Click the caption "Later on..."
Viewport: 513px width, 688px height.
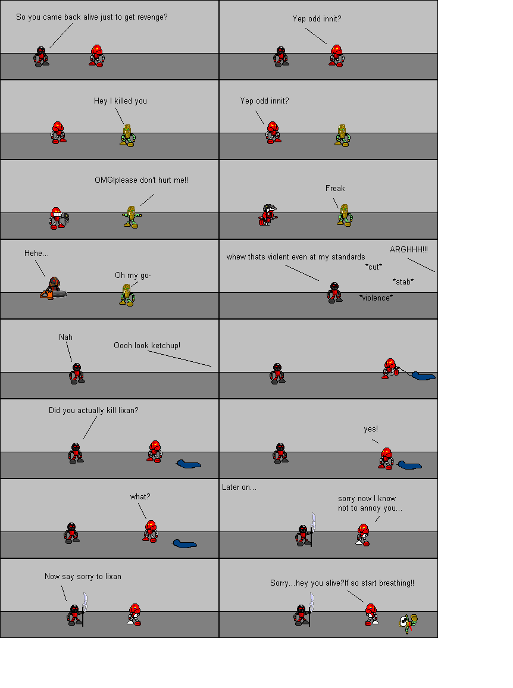point(239,487)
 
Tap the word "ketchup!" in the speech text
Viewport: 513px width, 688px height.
point(165,345)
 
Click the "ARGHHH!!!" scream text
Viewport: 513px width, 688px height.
point(409,249)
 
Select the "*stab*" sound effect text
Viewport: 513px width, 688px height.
point(403,282)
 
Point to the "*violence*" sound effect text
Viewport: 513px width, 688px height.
point(376,298)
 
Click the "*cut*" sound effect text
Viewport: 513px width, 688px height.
point(374,267)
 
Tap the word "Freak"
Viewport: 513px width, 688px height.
point(335,188)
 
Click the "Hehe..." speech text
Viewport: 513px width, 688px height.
point(36,253)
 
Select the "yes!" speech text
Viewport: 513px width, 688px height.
point(371,429)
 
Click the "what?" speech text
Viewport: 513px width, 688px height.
point(140,497)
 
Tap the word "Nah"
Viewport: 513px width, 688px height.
point(65,337)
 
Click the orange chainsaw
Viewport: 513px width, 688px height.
point(53,293)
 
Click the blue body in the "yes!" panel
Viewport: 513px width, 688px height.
point(409,465)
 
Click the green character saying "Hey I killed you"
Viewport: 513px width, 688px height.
point(127,135)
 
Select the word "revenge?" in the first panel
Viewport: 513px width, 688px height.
point(152,17)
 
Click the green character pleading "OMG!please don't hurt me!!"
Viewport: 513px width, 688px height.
point(132,217)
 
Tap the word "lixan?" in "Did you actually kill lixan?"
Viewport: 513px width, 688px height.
point(128,410)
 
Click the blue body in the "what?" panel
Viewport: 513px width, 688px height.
point(184,544)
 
